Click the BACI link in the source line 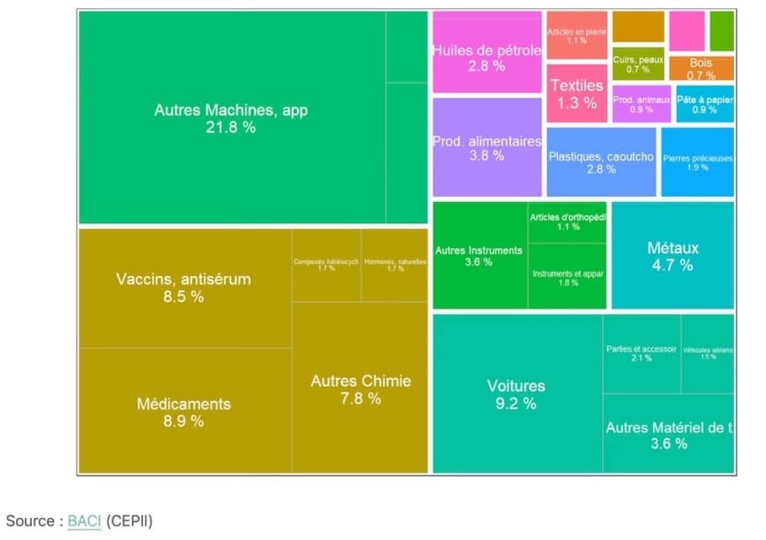click(x=84, y=521)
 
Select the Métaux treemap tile click(x=672, y=256)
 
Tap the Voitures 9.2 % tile click(x=516, y=394)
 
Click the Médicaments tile click(x=184, y=411)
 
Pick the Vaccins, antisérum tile click(x=184, y=287)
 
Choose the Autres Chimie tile click(x=360, y=389)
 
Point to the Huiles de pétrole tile click(x=487, y=56)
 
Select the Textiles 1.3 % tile click(x=577, y=93)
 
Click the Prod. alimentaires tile click(x=487, y=147)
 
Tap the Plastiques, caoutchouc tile click(x=601, y=162)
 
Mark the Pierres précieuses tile click(x=697, y=161)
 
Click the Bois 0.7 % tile click(x=700, y=68)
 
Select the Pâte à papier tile click(x=704, y=103)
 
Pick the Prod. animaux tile click(x=641, y=103)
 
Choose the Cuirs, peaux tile click(x=638, y=64)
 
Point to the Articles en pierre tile click(x=577, y=35)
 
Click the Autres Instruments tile click(x=479, y=256)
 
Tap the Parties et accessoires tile click(x=641, y=353)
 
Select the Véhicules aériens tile click(x=707, y=353)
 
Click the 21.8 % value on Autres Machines click(x=231, y=128)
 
